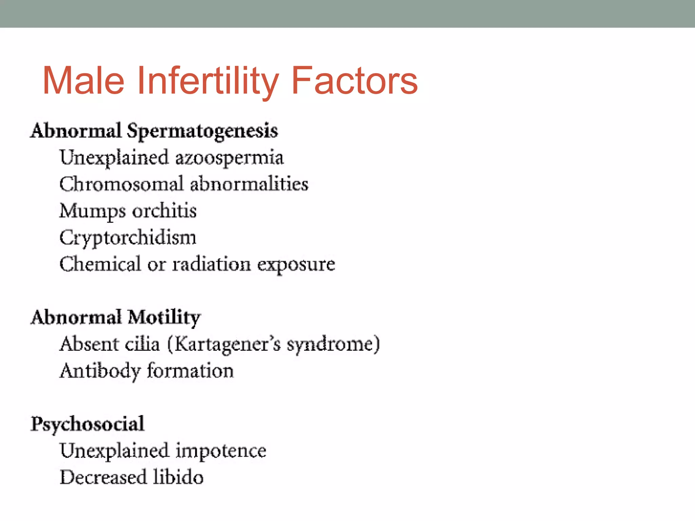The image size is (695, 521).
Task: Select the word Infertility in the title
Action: pyautogui.click(x=207, y=81)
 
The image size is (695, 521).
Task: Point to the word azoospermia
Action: pyautogui.click(x=229, y=158)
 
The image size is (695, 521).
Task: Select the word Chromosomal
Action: pyautogui.click(x=121, y=184)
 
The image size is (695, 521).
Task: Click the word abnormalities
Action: pyautogui.click(x=249, y=184)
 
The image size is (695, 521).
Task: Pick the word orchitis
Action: pyautogui.click(x=164, y=211)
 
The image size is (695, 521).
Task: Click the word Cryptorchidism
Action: pyautogui.click(x=128, y=238)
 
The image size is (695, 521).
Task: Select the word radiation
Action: pyautogui.click(x=211, y=264)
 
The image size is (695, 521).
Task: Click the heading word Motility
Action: pyautogui.click(x=164, y=318)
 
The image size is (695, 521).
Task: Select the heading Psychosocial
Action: pyautogui.click(x=88, y=424)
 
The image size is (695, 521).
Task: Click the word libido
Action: pyautogui.click(x=178, y=477)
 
